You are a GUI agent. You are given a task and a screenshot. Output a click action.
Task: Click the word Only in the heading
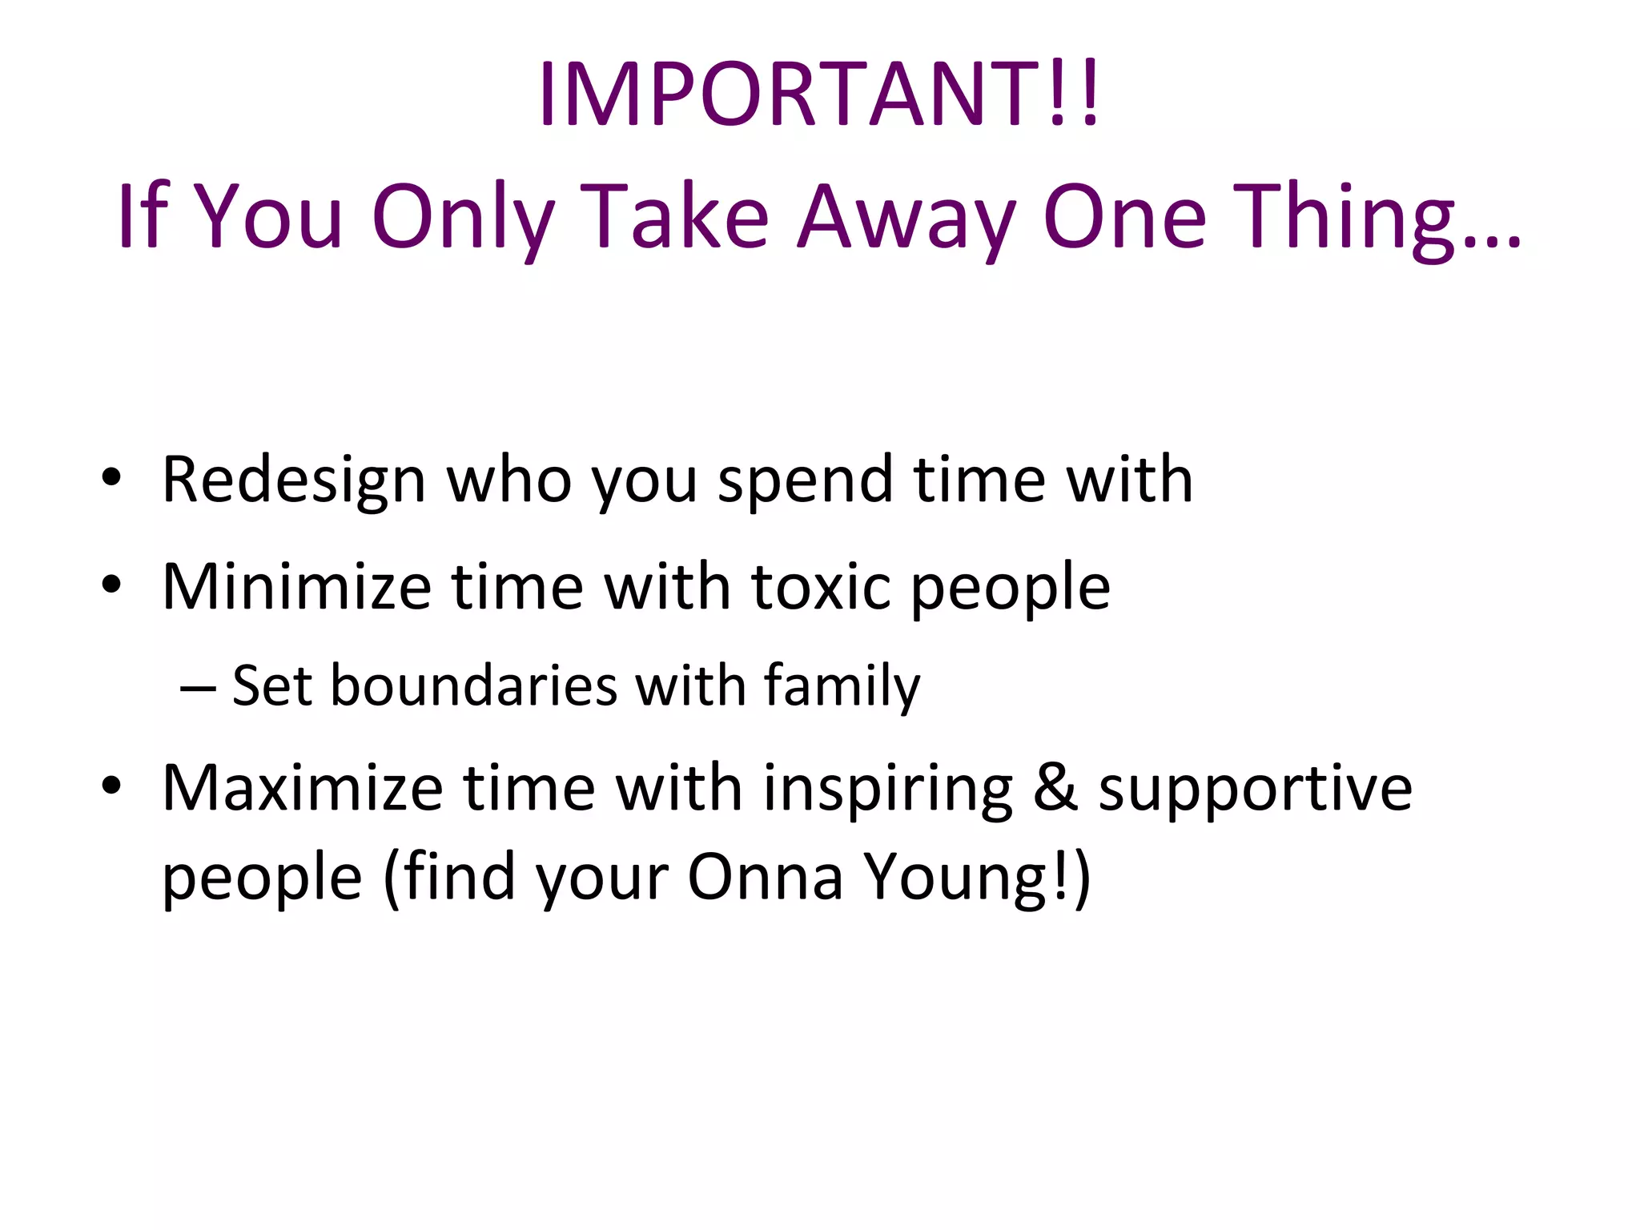[x=463, y=216]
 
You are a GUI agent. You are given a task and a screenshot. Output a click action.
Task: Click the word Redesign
[x=293, y=480]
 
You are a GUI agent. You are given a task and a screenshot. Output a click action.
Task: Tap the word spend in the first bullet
[x=805, y=480]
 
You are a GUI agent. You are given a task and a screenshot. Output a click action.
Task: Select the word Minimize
[x=296, y=587]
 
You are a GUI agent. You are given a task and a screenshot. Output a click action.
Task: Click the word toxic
[x=821, y=587]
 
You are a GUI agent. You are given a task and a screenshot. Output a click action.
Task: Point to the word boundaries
[x=474, y=686]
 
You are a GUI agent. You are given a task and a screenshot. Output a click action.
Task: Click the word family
[x=842, y=686]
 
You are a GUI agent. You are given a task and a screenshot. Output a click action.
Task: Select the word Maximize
[x=302, y=789]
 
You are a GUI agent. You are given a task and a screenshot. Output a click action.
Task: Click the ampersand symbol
[x=1055, y=789]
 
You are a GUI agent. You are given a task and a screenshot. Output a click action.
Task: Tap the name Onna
[x=765, y=877]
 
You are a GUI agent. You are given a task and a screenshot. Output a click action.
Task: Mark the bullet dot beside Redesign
[x=111, y=478]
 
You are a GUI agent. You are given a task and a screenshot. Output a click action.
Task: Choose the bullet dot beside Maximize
[x=111, y=786]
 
